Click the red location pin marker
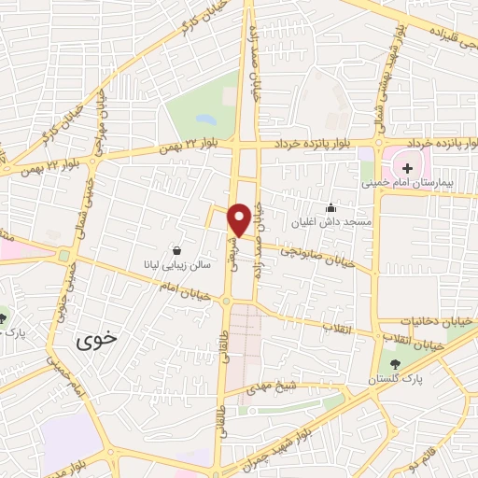click(x=239, y=219)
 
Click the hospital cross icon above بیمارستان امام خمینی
click(x=407, y=168)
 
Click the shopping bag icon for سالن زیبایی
click(x=177, y=250)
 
